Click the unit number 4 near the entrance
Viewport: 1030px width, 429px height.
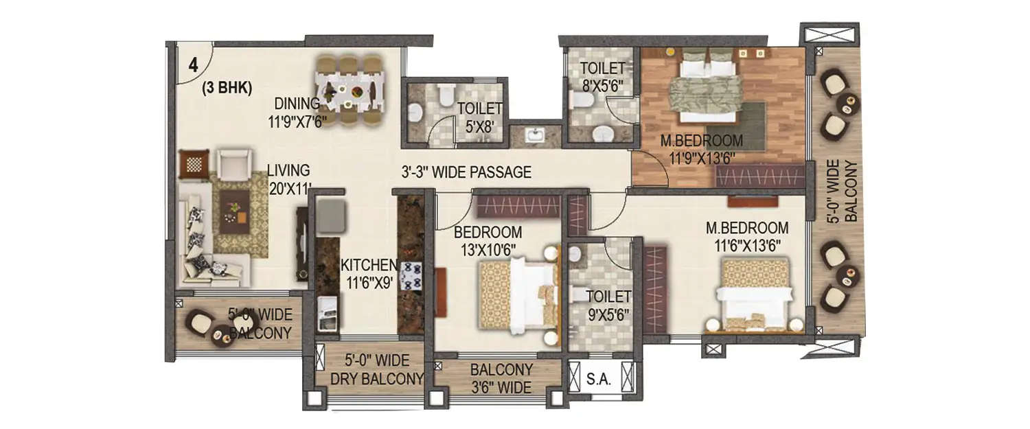click(194, 65)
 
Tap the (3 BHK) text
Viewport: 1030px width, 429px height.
click(227, 88)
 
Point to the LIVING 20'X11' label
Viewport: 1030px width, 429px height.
click(289, 178)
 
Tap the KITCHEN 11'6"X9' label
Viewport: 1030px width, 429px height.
click(369, 273)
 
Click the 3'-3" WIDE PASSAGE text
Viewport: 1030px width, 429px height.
click(467, 172)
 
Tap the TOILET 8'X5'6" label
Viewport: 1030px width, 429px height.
click(602, 76)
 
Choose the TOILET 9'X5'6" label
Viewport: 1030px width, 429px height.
click(608, 305)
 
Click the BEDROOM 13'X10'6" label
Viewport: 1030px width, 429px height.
click(488, 240)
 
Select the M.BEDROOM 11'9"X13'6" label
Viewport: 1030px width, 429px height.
click(702, 149)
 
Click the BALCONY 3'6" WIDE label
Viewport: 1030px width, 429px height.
click(501, 378)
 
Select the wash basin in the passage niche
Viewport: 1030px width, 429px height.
click(536, 135)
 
